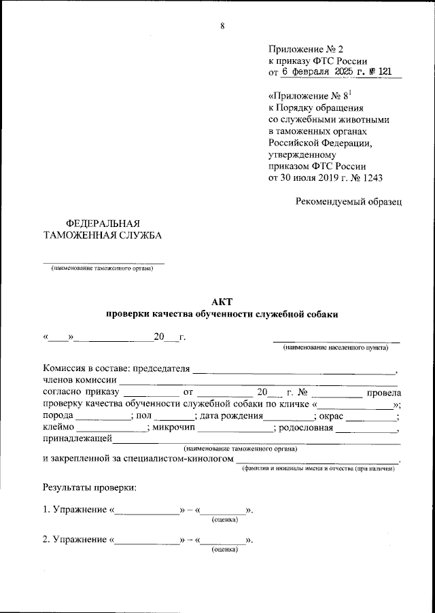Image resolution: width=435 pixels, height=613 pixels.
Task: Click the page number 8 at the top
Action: coord(222,26)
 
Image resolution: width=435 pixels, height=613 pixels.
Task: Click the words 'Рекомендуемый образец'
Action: coord(349,201)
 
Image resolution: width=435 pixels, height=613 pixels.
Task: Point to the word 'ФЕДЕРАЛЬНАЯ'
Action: coord(102,224)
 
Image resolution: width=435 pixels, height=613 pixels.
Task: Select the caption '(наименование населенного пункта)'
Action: coord(336,348)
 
